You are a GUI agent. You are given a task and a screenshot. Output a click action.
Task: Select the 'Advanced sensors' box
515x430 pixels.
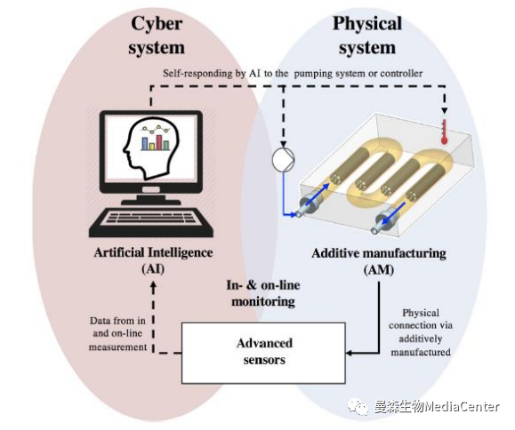pyautogui.click(x=264, y=351)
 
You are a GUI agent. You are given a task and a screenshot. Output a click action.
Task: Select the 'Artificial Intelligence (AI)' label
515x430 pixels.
pyautogui.click(x=154, y=259)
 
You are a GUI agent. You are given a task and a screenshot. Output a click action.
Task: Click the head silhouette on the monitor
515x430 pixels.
pyautogui.click(x=144, y=142)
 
